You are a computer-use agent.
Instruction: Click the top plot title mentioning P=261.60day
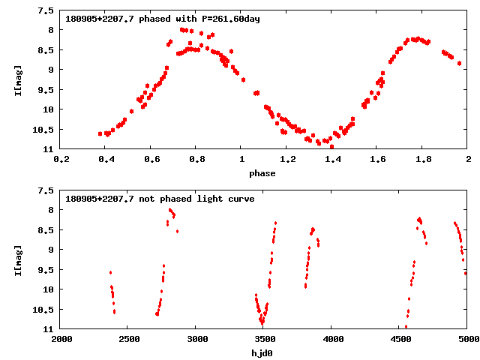coord(163,19)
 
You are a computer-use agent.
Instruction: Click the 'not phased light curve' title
coord(160,199)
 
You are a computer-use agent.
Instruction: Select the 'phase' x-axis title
coord(262,173)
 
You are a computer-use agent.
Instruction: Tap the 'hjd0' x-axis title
coord(262,353)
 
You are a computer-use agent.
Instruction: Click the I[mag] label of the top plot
coord(18,79)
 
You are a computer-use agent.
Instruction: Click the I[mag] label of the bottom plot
coord(18,259)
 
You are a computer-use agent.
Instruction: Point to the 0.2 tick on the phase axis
coord(61,160)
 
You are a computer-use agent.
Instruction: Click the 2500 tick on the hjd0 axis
coord(129,340)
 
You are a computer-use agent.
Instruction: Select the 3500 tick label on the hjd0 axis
coord(264,340)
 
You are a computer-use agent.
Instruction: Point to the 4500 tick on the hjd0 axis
coord(400,340)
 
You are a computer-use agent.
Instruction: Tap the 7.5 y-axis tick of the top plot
coord(46,10)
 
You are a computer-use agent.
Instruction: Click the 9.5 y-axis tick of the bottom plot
coord(46,289)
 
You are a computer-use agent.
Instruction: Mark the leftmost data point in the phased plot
coord(100,133)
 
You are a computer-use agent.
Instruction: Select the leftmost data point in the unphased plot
coord(110,272)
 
